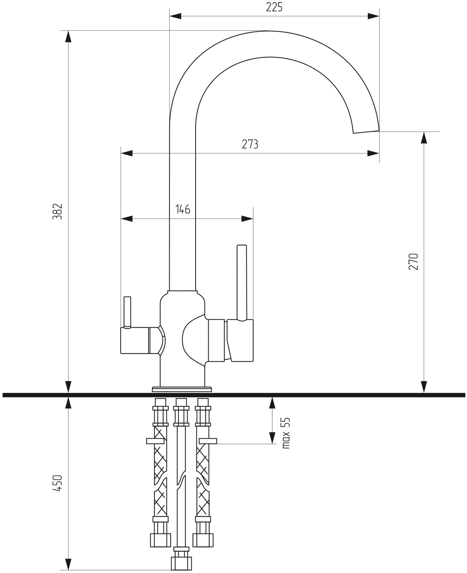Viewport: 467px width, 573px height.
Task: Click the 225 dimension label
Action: click(274, 7)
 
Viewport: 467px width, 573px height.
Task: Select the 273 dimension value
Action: click(250, 144)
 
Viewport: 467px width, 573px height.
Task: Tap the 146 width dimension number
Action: click(183, 210)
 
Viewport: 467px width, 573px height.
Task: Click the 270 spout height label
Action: click(414, 262)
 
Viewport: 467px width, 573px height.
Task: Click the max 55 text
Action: click(286, 433)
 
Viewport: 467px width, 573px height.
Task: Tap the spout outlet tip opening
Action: click(366, 132)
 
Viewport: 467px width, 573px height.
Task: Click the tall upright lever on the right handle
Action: click(242, 282)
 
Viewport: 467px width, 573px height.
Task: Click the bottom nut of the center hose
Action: click(181, 563)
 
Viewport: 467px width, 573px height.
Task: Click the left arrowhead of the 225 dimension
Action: click(175, 16)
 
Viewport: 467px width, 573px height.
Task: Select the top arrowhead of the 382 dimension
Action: click(68, 37)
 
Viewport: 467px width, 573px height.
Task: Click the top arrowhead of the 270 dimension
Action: click(424, 138)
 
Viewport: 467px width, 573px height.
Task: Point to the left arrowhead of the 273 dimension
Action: click(127, 153)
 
